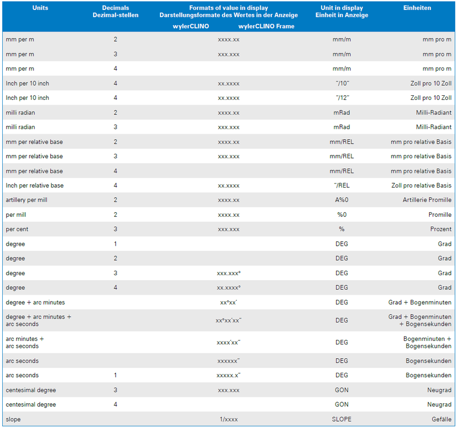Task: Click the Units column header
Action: [x=40, y=8]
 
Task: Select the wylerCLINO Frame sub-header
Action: [x=266, y=26]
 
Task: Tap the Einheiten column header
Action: [x=417, y=8]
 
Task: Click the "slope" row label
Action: [x=13, y=419]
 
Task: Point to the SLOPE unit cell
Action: [x=342, y=419]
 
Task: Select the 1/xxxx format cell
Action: [x=229, y=420]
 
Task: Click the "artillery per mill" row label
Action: [x=27, y=200]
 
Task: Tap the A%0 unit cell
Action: [x=342, y=200]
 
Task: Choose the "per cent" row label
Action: [x=17, y=229]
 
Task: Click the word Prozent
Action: [x=441, y=229]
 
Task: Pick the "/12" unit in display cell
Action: [x=342, y=97]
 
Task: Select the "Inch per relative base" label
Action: [x=35, y=186]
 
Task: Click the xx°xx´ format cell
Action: [x=229, y=303]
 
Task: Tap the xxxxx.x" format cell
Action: [x=229, y=376]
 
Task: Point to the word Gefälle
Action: [x=441, y=419]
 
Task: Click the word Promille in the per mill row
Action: [x=440, y=214]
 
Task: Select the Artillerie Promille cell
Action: [x=427, y=200]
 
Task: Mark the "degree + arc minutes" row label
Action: [x=35, y=303]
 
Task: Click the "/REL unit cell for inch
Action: [x=342, y=186]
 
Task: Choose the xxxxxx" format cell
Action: [x=229, y=361]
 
